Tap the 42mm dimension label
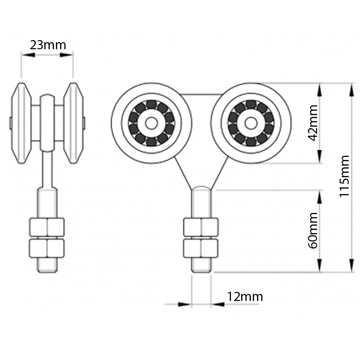[x=312, y=123]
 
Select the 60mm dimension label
[x=312, y=230]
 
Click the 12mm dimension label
[x=245, y=297]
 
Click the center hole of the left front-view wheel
[x=151, y=123]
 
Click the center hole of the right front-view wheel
[x=251, y=123]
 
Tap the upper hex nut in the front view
[x=201, y=227]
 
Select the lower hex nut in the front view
[x=201, y=248]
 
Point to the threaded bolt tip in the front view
[x=201, y=265]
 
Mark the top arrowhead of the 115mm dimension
[x=352, y=89]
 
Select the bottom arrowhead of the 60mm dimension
[x=320, y=266]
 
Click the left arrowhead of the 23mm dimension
[x=28, y=54]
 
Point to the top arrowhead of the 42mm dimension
[x=320, y=89]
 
